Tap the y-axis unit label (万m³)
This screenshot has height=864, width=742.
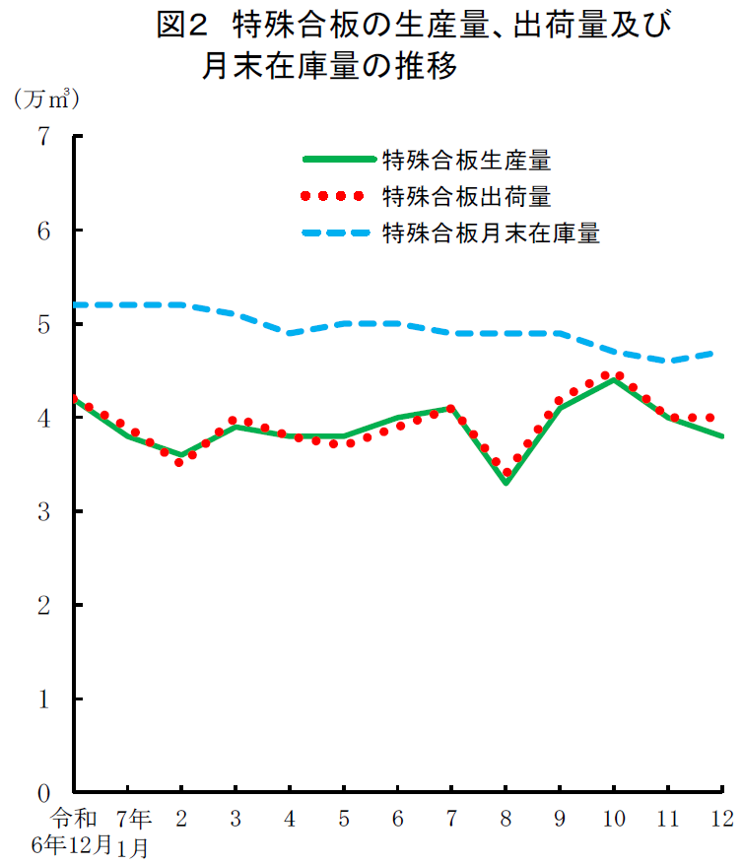click(45, 99)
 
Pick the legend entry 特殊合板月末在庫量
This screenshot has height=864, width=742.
click(491, 233)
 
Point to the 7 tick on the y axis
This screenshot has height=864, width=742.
click(44, 136)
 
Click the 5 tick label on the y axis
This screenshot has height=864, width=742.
click(44, 324)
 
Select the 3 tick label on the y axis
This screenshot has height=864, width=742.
click(44, 511)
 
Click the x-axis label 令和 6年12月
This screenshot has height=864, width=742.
click(71, 831)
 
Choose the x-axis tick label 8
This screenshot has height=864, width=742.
click(506, 819)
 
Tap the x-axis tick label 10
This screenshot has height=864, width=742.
click(613, 819)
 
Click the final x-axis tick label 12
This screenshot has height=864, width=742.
click(721, 819)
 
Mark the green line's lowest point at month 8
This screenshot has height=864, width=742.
click(506, 483)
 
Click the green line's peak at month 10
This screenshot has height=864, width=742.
click(614, 380)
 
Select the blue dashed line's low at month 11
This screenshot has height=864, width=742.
click(668, 361)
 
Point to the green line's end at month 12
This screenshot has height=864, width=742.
click(722, 435)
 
